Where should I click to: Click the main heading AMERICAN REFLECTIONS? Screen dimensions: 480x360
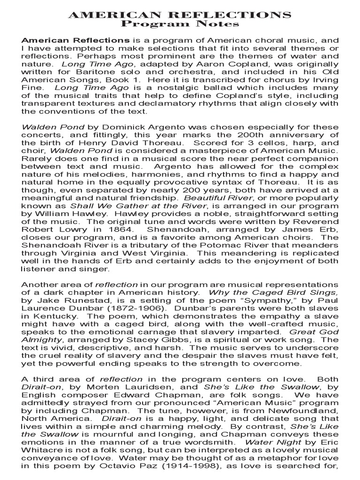click(x=180, y=16)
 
